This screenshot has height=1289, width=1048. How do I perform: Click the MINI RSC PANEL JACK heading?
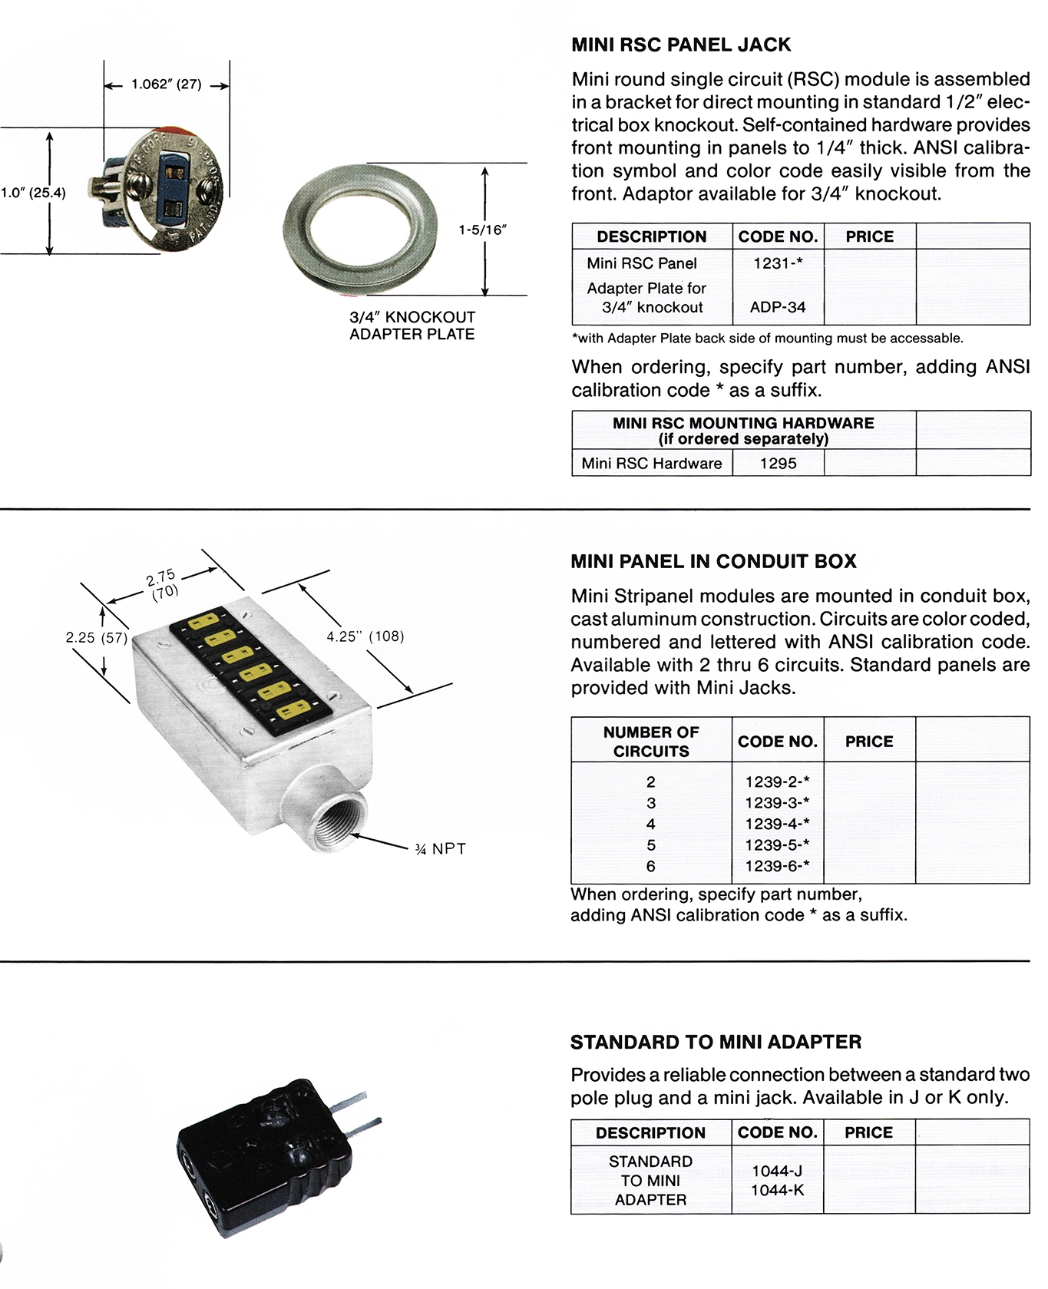681,45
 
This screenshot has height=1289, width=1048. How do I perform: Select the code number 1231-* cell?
778,263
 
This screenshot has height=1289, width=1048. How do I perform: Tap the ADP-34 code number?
778,307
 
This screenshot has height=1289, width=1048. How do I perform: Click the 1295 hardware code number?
778,463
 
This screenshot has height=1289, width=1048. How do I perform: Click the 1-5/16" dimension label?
483,229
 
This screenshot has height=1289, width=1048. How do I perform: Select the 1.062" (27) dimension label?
166,84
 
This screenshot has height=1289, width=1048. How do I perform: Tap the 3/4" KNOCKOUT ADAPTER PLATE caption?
412,325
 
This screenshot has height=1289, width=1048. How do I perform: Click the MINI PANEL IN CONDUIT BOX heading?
713,561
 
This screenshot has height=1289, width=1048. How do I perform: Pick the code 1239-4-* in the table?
778,824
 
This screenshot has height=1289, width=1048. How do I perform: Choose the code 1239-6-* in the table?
778,866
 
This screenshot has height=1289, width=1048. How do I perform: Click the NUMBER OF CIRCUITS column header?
651,741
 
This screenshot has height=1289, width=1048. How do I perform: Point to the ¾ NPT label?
440,848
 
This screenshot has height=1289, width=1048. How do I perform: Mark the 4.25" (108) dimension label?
365,636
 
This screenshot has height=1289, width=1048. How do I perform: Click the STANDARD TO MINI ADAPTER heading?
716,1042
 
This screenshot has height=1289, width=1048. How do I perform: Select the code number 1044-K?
778,1190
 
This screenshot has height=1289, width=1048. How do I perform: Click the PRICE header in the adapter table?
868,1132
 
